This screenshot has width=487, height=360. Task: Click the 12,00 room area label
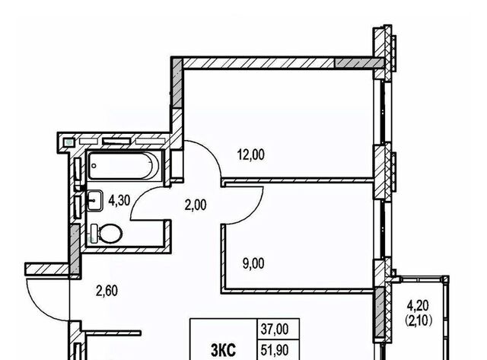coord(251,155)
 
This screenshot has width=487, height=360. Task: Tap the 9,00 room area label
coord(253,263)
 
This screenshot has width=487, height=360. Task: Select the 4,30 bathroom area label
coord(119,201)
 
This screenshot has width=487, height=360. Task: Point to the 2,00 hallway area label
coord(196,205)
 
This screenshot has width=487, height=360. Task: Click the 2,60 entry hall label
coord(107,291)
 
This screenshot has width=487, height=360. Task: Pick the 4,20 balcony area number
coord(418,306)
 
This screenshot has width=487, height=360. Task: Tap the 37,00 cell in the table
coord(275,330)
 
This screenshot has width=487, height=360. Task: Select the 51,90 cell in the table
coord(275,350)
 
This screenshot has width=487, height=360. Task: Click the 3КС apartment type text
coord(223,351)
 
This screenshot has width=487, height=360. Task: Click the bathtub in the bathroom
coord(123,166)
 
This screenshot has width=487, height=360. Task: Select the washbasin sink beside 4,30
coord(94,200)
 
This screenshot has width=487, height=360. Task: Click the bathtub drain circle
coord(94,166)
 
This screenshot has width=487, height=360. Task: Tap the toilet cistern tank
coord(94,234)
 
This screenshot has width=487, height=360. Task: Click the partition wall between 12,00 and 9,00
coord(298,180)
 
